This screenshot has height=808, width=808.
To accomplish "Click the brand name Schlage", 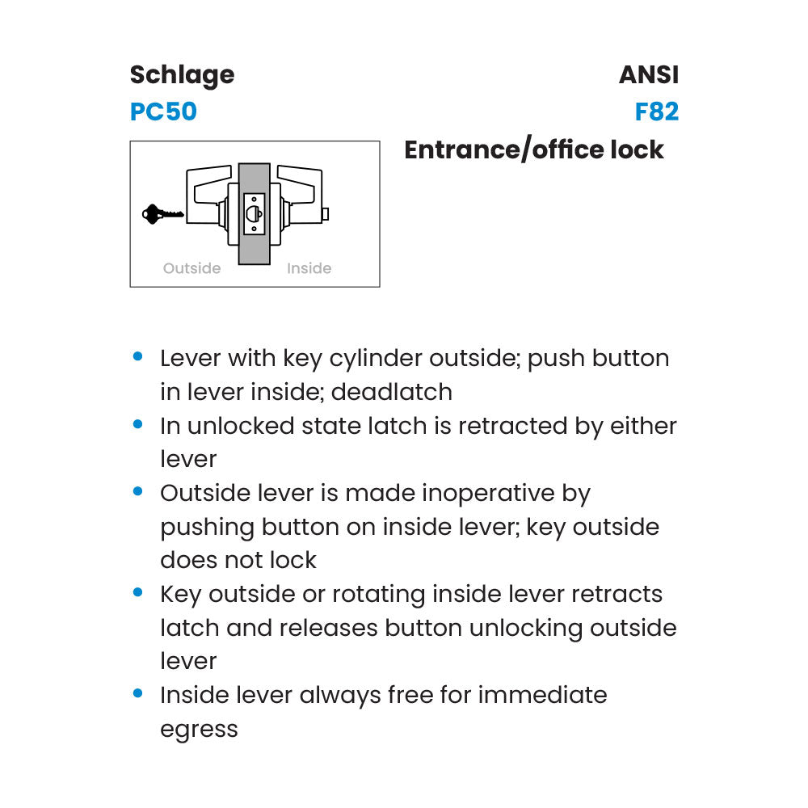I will point(182,75).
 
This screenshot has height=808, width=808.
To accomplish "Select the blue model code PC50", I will point(163,112).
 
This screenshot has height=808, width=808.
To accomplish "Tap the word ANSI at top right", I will point(649,75).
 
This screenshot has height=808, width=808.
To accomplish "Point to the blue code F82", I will point(656,112).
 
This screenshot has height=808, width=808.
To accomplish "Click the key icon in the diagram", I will point(162,214).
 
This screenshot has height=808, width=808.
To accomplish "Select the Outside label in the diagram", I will point(191,268).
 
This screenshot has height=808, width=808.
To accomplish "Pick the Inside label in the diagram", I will point(309,268).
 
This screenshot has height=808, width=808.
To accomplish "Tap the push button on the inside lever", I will point(326,213).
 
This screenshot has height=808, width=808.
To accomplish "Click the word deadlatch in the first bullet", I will point(392,392).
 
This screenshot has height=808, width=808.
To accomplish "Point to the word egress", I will point(199,729).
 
